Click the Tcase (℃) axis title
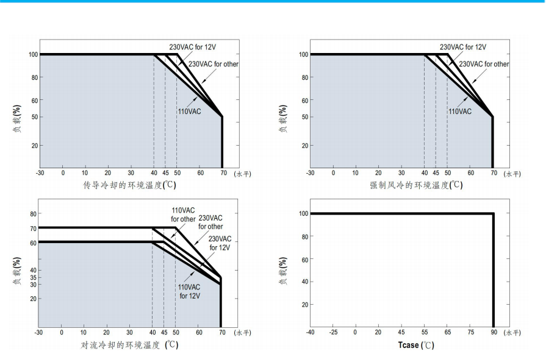point(417,346)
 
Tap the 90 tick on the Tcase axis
point(494,333)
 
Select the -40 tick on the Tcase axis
point(311,333)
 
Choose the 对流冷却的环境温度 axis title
point(130,346)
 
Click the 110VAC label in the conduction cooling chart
point(189,112)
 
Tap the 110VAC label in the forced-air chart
point(460,112)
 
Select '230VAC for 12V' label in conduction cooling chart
point(192,47)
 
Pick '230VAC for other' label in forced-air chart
point(484,64)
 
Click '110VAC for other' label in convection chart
point(183,215)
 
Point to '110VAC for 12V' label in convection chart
point(190,291)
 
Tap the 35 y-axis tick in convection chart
point(32,277)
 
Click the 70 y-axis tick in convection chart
point(32,228)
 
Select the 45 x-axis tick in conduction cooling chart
point(165,174)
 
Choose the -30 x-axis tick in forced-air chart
point(311,174)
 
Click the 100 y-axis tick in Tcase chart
point(303,213)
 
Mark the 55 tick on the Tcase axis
point(425,333)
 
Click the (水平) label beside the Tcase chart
point(513,333)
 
